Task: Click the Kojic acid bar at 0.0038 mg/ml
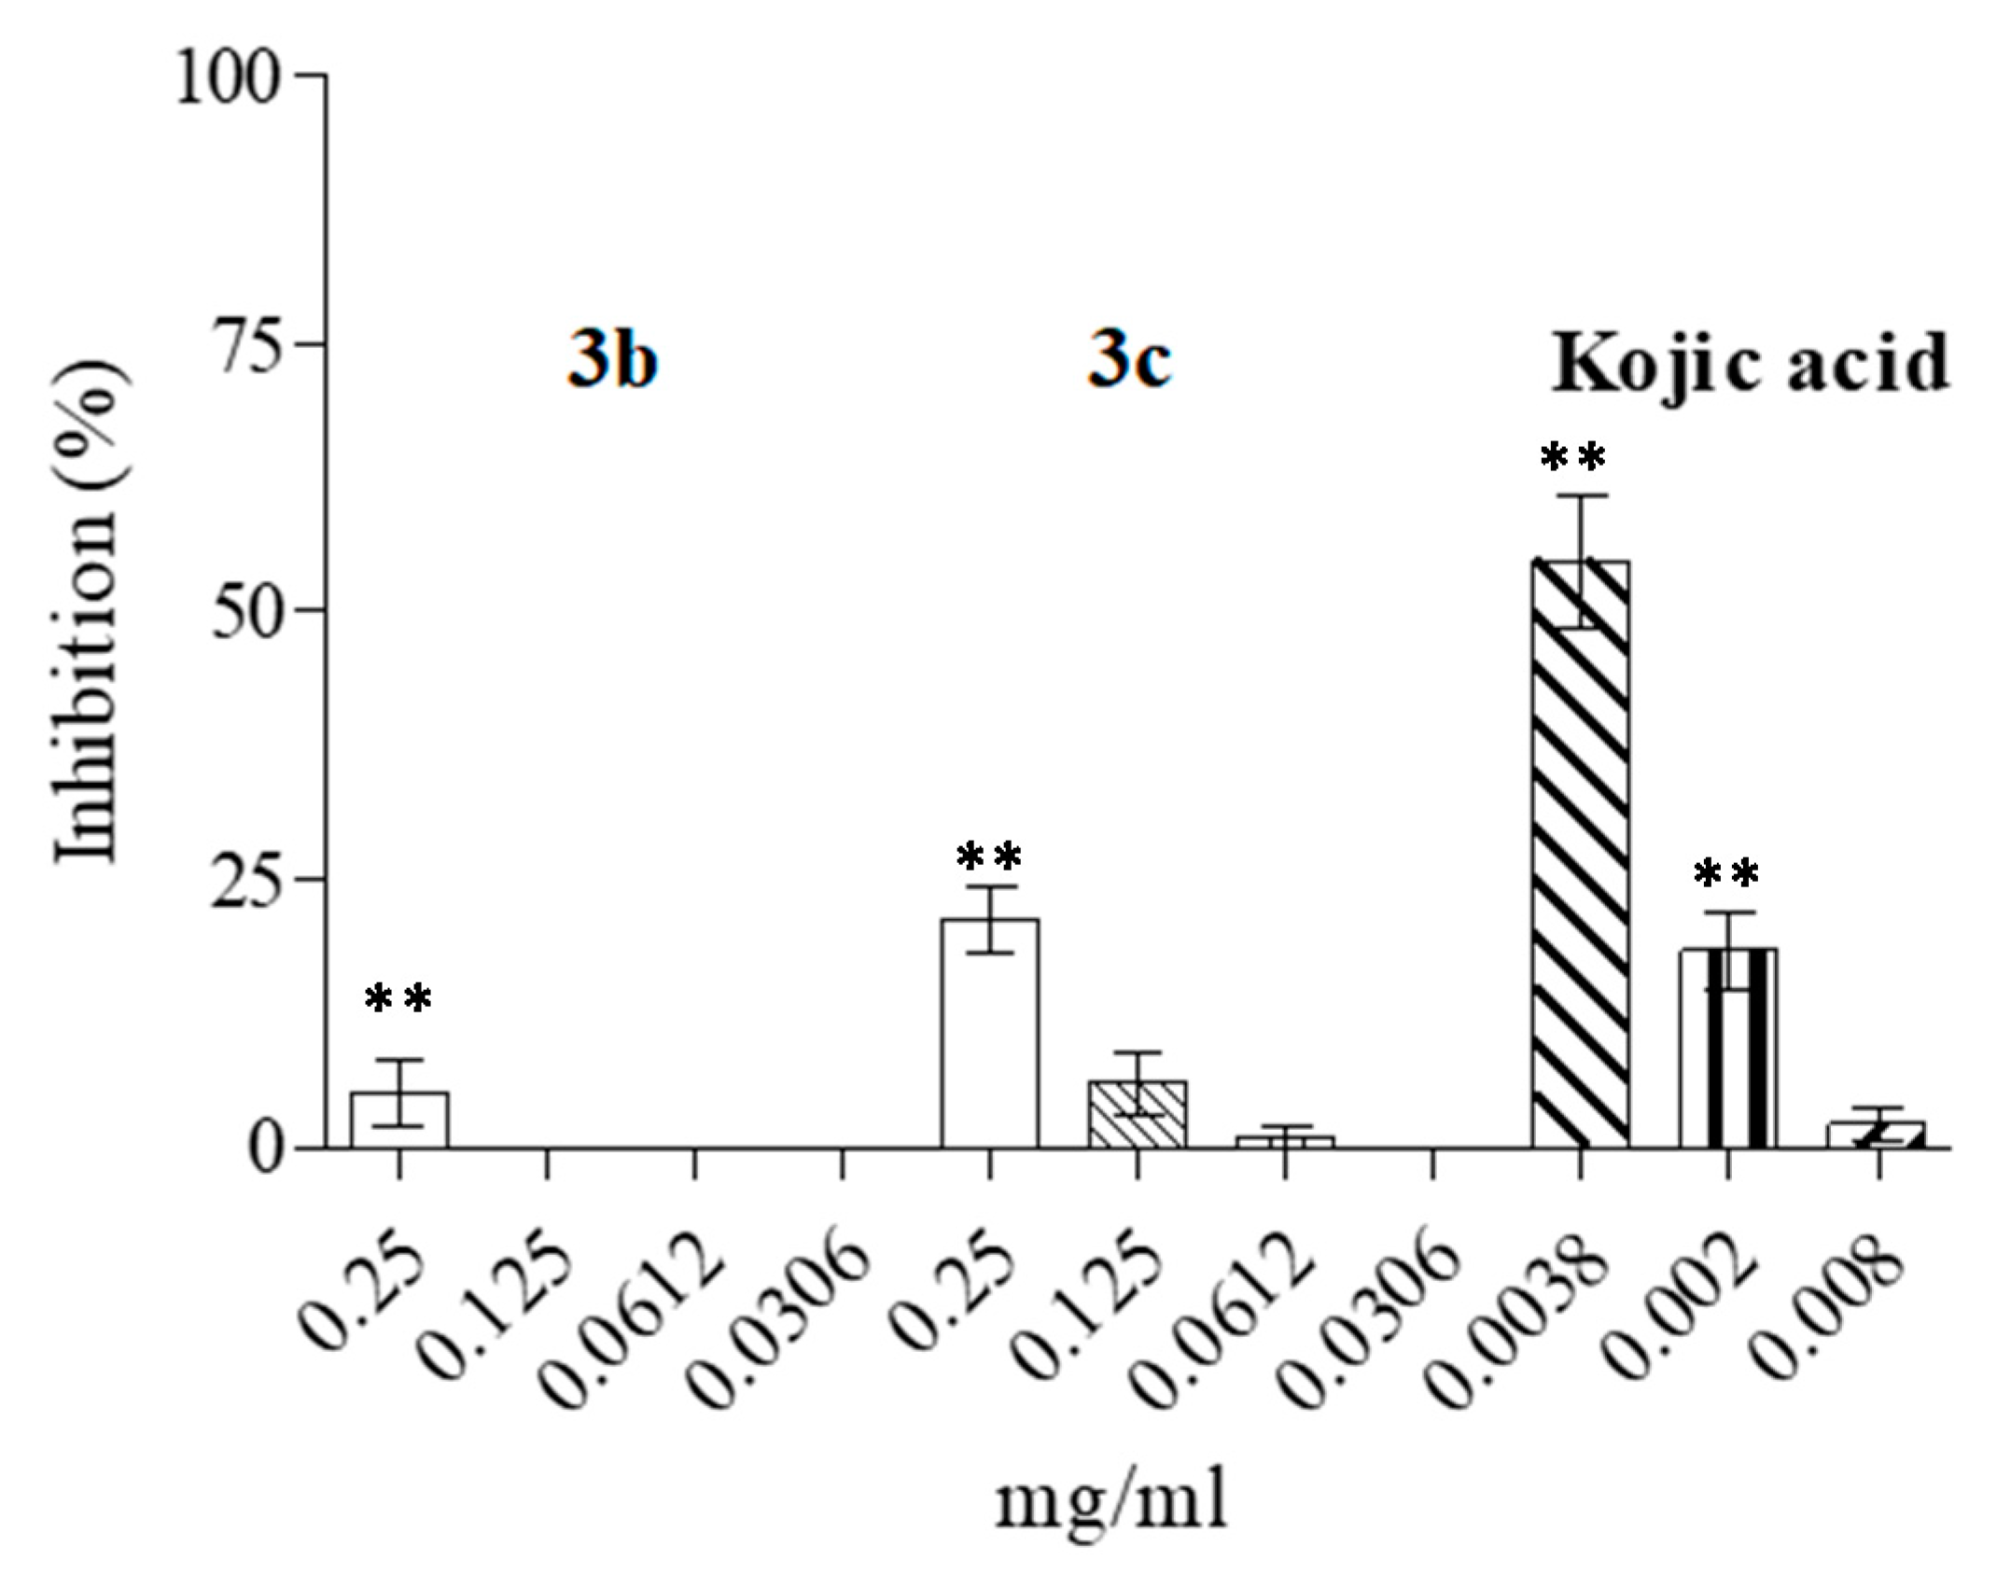click(x=1580, y=854)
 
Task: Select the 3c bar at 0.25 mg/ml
click(x=989, y=1033)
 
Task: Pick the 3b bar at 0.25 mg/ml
click(x=399, y=1120)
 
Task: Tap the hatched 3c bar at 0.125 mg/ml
click(x=1137, y=1114)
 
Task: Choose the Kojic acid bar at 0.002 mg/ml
click(x=1728, y=1048)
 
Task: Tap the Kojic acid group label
click(x=1751, y=364)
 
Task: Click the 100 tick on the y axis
click(x=228, y=77)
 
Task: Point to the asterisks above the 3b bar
click(x=398, y=999)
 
